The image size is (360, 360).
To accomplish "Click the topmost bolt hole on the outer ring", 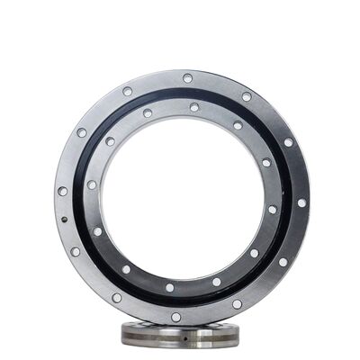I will tap(187, 78).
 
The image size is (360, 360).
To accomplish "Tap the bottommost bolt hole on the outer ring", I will tap(176, 317).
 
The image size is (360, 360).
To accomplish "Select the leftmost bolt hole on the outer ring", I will tap(62, 191).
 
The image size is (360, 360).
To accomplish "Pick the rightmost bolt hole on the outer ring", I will tap(301, 202).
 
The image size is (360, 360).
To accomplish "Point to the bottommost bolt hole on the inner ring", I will tap(169, 288).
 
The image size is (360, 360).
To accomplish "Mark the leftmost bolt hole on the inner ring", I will tap(92, 184).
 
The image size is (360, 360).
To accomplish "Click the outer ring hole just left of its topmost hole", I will tap(128, 91).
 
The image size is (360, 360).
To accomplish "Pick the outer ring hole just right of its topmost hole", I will tap(246, 96).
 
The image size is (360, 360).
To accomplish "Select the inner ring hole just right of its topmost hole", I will tap(238, 126).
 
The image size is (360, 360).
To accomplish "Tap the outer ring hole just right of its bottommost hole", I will tap(236, 303).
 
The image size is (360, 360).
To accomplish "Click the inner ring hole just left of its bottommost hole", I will tap(125, 268).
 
